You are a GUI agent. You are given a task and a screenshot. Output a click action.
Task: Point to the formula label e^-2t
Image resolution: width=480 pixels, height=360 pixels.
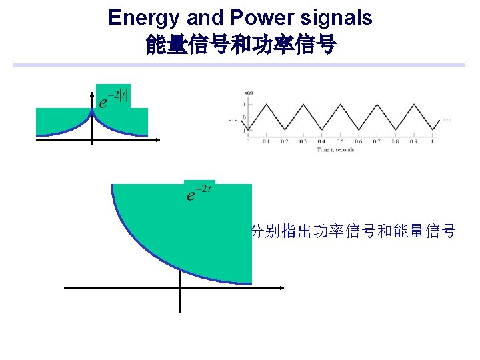(x=199, y=193)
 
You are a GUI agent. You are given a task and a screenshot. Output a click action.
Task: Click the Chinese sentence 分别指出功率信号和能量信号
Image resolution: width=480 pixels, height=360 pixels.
(x=352, y=231)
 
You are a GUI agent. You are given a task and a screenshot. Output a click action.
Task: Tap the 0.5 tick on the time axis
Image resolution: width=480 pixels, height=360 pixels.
(x=340, y=141)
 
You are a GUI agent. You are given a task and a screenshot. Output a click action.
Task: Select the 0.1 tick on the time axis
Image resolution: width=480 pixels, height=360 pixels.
(x=266, y=141)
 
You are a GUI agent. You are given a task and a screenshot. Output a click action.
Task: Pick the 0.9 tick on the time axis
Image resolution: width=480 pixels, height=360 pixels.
(x=414, y=141)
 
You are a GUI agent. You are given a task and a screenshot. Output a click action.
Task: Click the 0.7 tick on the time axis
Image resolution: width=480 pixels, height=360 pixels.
(x=377, y=141)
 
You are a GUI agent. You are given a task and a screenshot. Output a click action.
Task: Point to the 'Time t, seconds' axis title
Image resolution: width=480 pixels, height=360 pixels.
(x=335, y=149)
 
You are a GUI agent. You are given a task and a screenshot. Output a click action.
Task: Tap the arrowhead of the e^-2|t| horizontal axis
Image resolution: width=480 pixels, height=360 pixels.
(x=158, y=139)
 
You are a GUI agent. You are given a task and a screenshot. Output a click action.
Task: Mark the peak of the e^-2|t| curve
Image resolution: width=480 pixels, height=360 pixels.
(x=92, y=111)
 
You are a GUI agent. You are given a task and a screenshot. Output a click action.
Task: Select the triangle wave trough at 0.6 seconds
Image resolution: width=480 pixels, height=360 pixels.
(x=358, y=130)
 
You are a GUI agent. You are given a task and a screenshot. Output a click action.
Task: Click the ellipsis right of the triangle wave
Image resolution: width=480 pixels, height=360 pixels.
(x=446, y=120)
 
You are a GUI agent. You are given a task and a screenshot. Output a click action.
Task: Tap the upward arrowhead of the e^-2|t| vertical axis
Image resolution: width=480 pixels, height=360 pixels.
(x=92, y=91)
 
